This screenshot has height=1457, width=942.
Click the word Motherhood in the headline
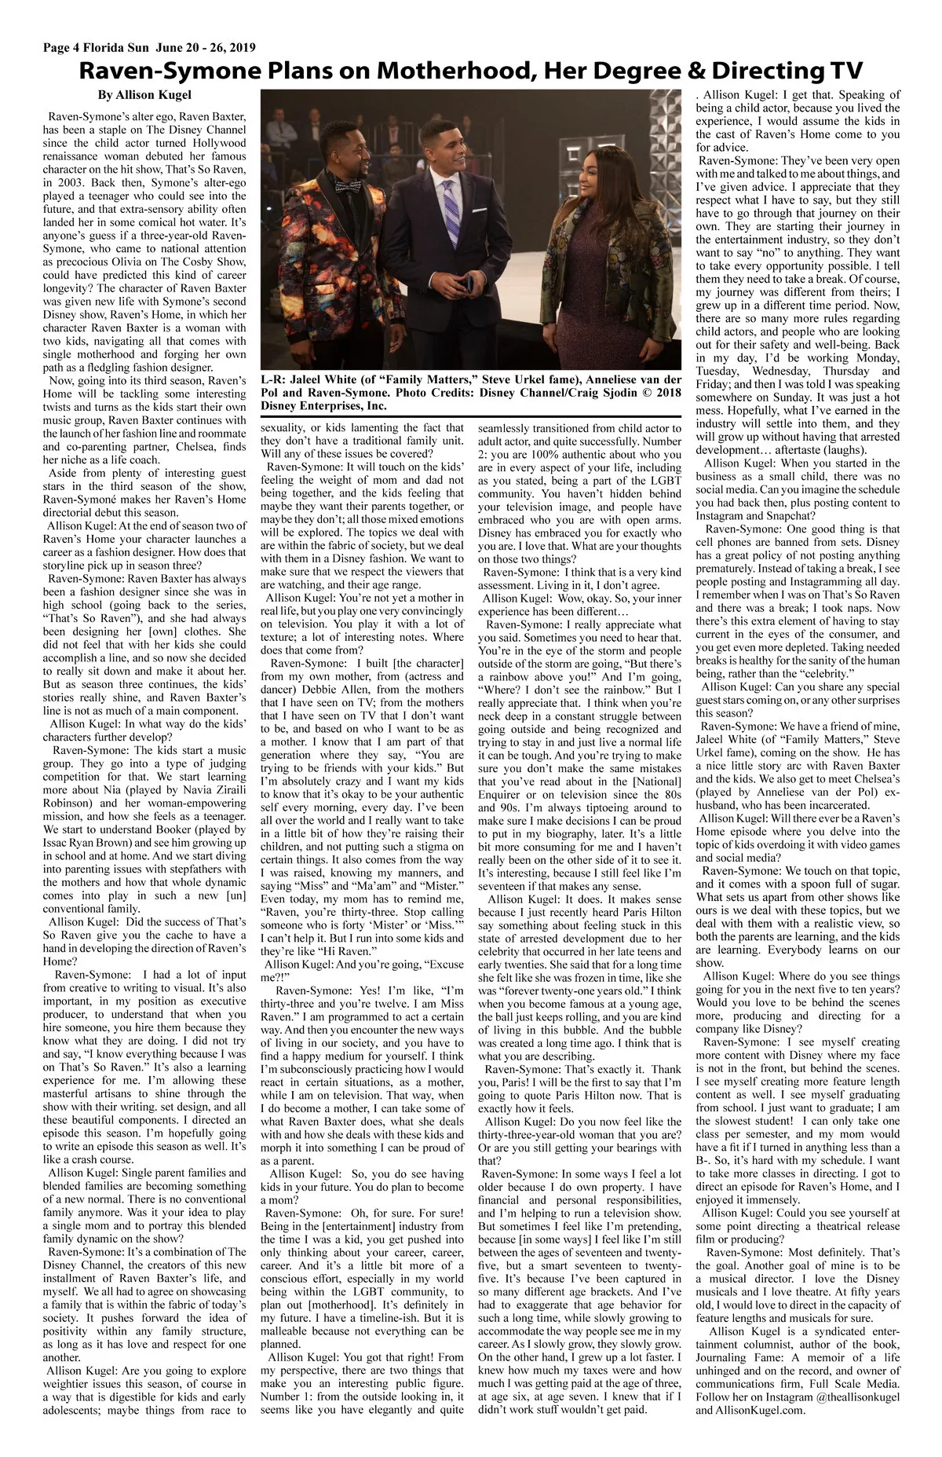(455, 71)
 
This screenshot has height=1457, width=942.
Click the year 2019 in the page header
(239, 48)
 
